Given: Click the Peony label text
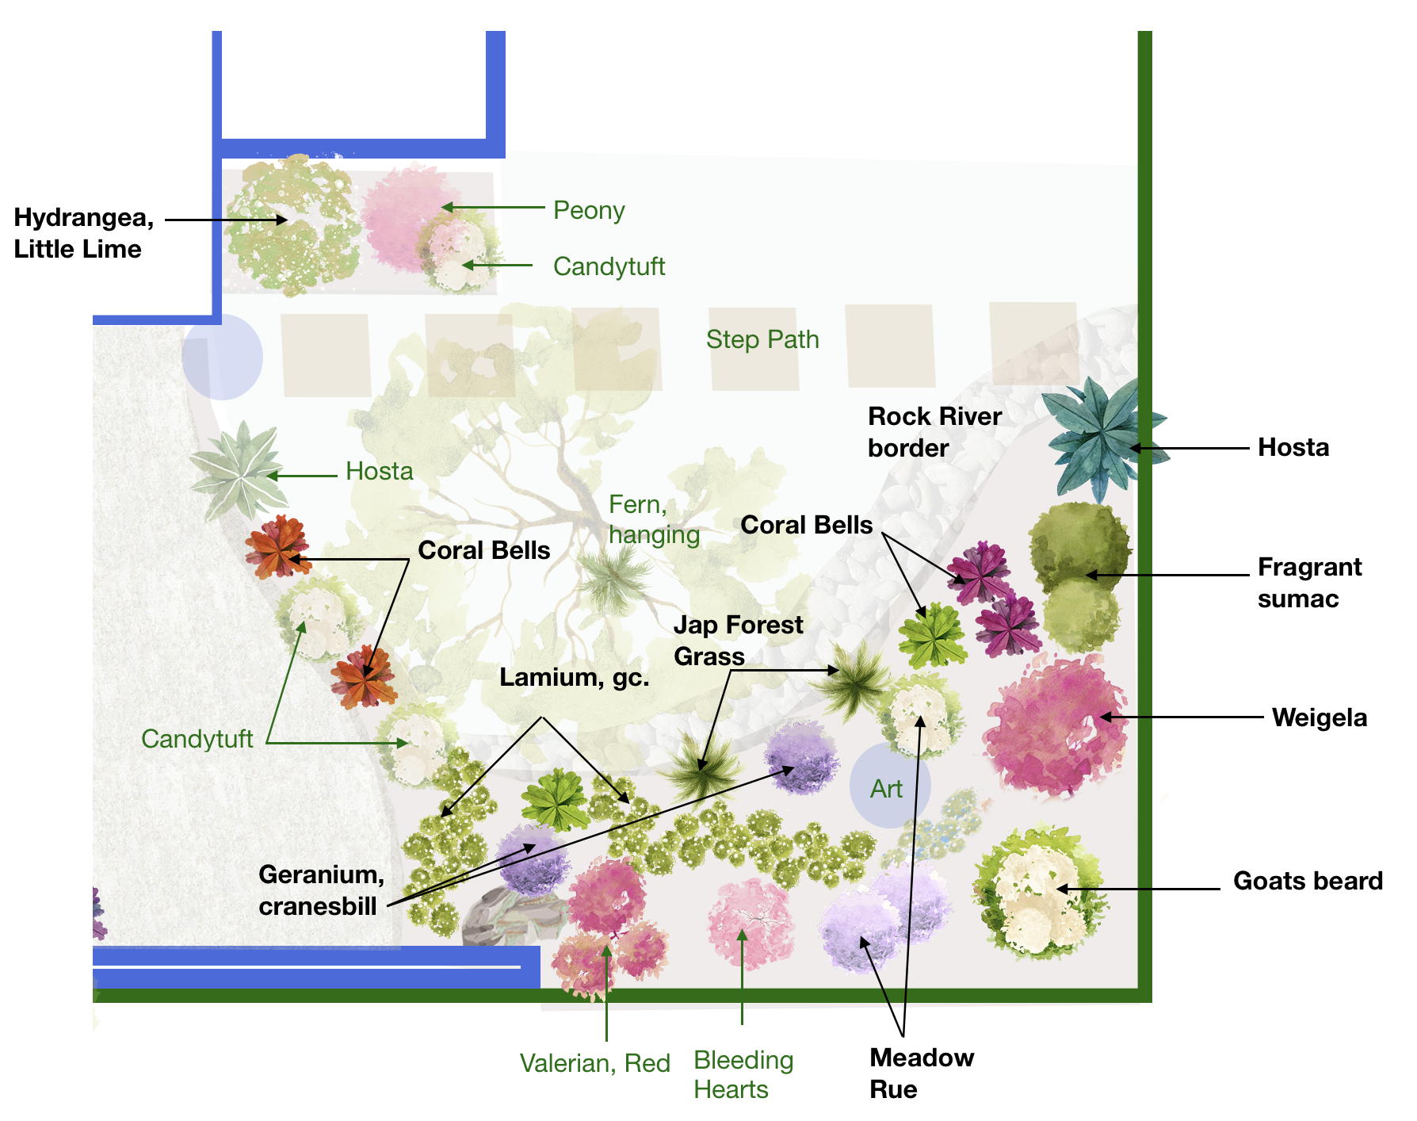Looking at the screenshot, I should click(x=588, y=210).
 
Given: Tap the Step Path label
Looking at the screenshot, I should click(x=762, y=339).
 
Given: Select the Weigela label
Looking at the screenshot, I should click(x=1319, y=717).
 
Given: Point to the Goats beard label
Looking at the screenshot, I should click(x=1308, y=881).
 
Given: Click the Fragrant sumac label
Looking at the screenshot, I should click(x=1308, y=583).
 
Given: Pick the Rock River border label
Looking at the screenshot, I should click(x=934, y=432).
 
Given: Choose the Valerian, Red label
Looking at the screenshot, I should click(x=594, y=1063).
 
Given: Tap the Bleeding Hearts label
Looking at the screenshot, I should click(x=743, y=1074).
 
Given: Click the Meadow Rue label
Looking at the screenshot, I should click(x=921, y=1073).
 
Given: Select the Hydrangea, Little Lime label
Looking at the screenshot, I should click(x=83, y=233).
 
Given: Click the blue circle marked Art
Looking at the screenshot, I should click(x=888, y=786).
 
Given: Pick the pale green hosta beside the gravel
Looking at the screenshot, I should click(x=239, y=471).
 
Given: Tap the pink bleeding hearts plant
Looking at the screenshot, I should click(x=750, y=924).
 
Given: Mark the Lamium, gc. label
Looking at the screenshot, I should click(x=574, y=678).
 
